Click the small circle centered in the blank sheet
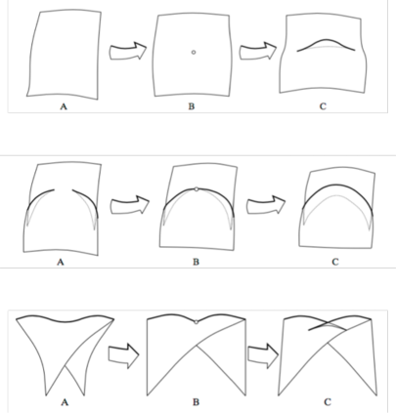tap(194, 52)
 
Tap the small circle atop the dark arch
tap(196, 188)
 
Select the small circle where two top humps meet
tap(196, 322)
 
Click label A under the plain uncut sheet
tap(64, 106)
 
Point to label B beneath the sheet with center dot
tap(192, 106)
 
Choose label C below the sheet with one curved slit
tap(323, 106)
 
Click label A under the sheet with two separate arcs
tap(61, 262)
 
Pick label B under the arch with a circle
tap(196, 262)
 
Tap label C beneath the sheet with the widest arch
tap(335, 262)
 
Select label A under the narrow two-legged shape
tap(65, 402)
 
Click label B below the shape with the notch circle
tap(196, 402)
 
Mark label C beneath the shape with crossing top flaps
tap(328, 402)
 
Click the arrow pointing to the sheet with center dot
tap(128, 51)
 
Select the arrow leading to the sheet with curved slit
tap(258, 51)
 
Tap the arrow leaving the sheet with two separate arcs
tap(130, 205)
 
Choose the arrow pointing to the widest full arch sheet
tap(266, 205)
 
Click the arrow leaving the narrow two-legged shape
tap(123, 355)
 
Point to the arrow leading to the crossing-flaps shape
tap(263, 355)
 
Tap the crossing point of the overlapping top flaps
tap(327, 322)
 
